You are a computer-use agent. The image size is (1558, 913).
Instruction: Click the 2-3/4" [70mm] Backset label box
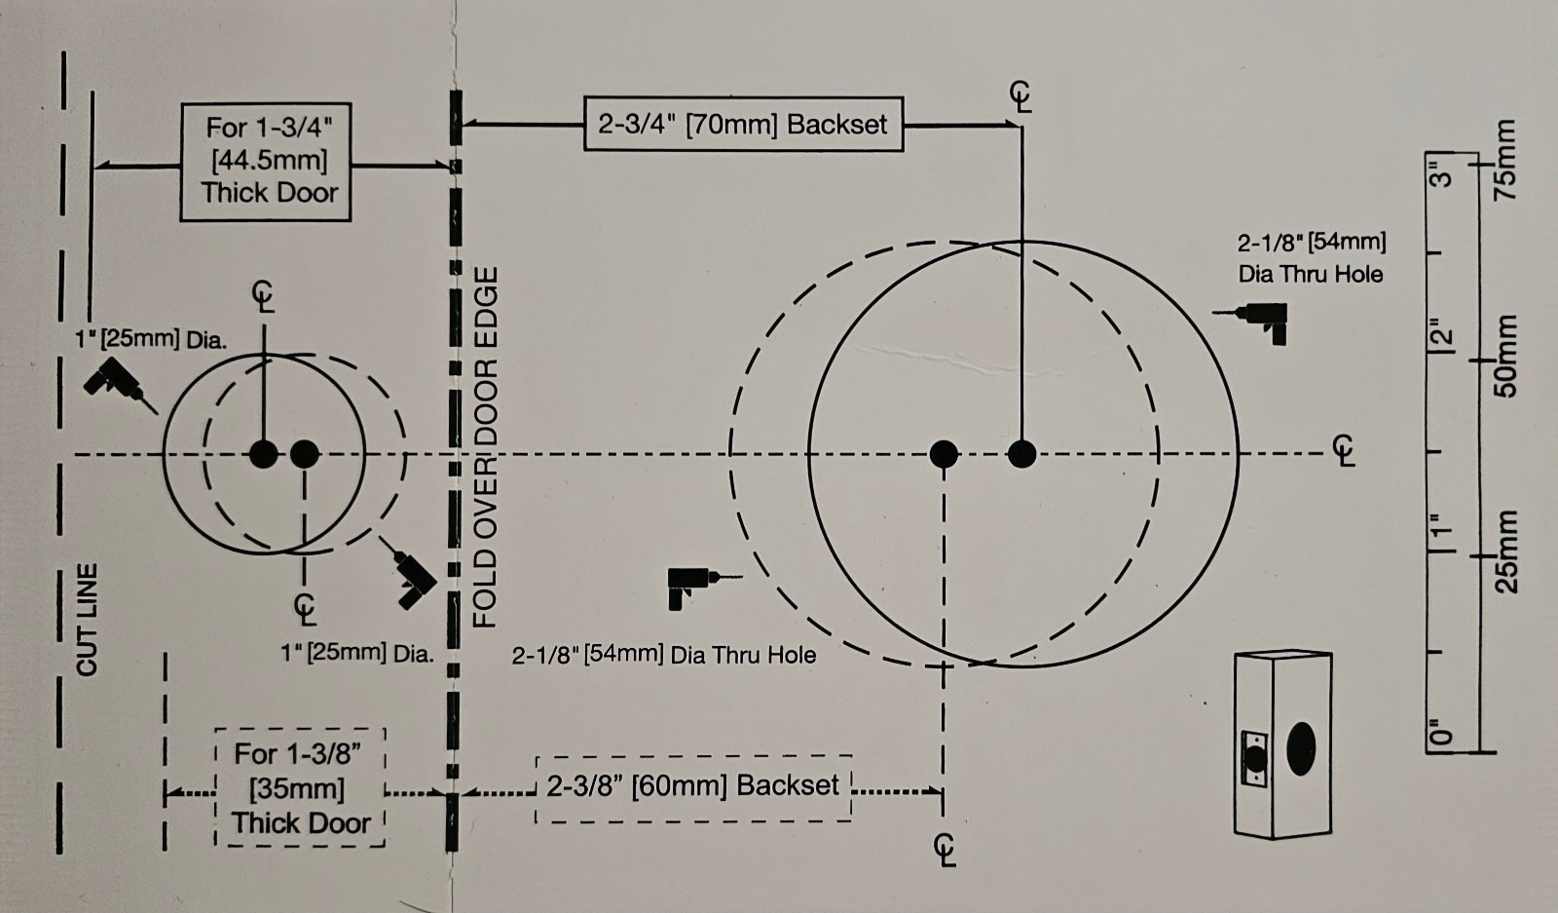(744, 124)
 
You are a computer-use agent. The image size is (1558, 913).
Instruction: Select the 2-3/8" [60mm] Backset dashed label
(693, 788)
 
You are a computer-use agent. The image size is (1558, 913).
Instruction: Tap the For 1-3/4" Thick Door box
(266, 162)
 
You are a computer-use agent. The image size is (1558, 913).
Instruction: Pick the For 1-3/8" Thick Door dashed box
(301, 787)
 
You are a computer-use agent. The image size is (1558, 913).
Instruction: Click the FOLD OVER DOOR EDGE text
(485, 447)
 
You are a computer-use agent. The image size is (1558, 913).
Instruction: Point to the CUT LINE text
(87, 620)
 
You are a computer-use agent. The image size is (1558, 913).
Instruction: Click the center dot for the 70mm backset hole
(1021, 454)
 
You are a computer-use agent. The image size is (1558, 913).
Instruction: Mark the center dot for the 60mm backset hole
(944, 454)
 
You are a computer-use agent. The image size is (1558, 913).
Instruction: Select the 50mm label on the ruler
(1505, 357)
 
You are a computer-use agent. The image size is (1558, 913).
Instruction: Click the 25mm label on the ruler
(1506, 552)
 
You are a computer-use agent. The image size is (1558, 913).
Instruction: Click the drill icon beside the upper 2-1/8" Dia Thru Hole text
(1251, 323)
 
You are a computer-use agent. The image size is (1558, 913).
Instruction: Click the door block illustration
(1283, 745)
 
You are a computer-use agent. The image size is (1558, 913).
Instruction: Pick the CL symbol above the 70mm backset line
(1021, 96)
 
